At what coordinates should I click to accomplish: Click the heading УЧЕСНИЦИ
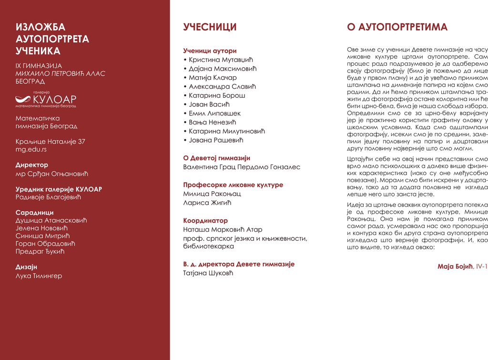tap(210, 27)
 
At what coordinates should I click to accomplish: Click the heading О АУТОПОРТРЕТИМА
tap(397, 27)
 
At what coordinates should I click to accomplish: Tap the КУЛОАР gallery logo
tap(46, 99)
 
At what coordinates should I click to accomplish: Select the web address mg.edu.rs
tap(31, 149)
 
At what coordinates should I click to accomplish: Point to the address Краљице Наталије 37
tap(51, 141)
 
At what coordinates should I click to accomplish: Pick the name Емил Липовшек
tap(214, 113)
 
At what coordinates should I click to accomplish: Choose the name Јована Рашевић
tap(216, 140)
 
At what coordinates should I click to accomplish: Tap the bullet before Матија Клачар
tap(185, 78)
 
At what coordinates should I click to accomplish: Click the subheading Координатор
tap(205, 221)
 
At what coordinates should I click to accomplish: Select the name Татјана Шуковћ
tap(209, 273)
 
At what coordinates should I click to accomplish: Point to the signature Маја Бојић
tap(456, 266)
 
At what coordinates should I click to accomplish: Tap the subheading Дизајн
tap(26, 267)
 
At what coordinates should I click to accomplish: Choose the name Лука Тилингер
tap(39, 276)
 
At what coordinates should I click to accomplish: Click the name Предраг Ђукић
tap(40, 251)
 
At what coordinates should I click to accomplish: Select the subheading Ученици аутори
tap(210, 51)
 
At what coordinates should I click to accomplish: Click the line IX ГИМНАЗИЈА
tap(39, 65)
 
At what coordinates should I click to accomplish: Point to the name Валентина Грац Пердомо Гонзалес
tap(242, 167)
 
